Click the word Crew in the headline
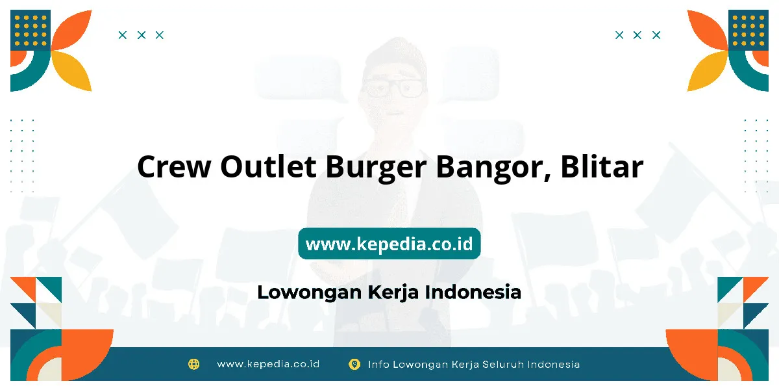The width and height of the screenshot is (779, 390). click(x=174, y=166)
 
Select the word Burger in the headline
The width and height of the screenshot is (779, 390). click(x=376, y=168)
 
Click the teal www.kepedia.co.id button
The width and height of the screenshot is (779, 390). click(x=389, y=244)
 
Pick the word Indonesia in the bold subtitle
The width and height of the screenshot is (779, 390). click(x=473, y=292)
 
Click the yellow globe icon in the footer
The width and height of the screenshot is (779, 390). click(x=193, y=364)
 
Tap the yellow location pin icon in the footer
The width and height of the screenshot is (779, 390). click(x=354, y=364)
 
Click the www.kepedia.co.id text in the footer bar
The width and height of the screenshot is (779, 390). click(x=268, y=364)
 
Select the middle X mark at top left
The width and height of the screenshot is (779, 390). click(x=142, y=35)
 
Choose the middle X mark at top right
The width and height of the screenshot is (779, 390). click(x=637, y=35)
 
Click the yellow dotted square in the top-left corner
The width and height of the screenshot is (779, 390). click(x=31, y=31)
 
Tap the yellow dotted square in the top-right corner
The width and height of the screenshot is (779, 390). click(x=748, y=31)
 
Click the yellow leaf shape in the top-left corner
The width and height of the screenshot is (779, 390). click(x=73, y=71)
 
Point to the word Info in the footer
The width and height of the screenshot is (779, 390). click(x=378, y=364)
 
